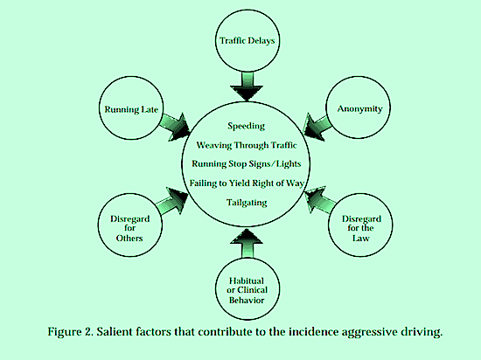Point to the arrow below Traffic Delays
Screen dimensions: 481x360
click(x=247, y=86)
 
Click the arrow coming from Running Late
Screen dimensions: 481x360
click(x=175, y=126)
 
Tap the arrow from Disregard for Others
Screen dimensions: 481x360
click(x=172, y=201)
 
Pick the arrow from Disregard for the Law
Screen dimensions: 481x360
click(x=320, y=200)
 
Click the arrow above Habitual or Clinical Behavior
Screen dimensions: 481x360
click(x=247, y=244)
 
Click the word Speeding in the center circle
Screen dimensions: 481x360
click(x=246, y=126)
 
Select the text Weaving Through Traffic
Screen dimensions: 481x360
click(x=247, y=145)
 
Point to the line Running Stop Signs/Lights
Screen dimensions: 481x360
click(x=247, y=164)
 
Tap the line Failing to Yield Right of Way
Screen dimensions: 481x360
click(x=247, y=183)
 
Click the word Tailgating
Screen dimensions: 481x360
click(x=247, y=203)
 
